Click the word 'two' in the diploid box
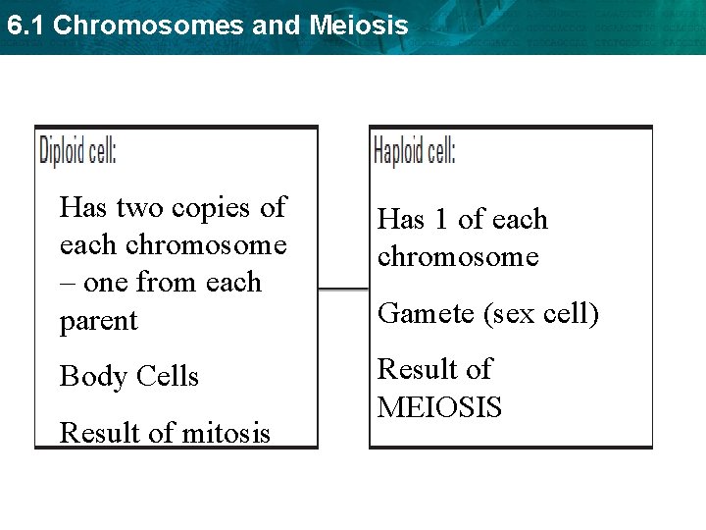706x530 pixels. [140, 208]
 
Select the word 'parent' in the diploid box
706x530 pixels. [98, 321]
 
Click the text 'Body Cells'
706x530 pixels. [128, 376]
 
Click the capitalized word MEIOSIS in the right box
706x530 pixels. [439, 407]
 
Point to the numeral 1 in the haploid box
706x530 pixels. [440, 220]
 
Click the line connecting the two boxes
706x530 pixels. [343, 289]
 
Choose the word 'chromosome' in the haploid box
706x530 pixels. [458, 257]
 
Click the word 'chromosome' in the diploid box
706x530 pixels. [206, 245]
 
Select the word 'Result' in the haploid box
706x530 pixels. [420, 370]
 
